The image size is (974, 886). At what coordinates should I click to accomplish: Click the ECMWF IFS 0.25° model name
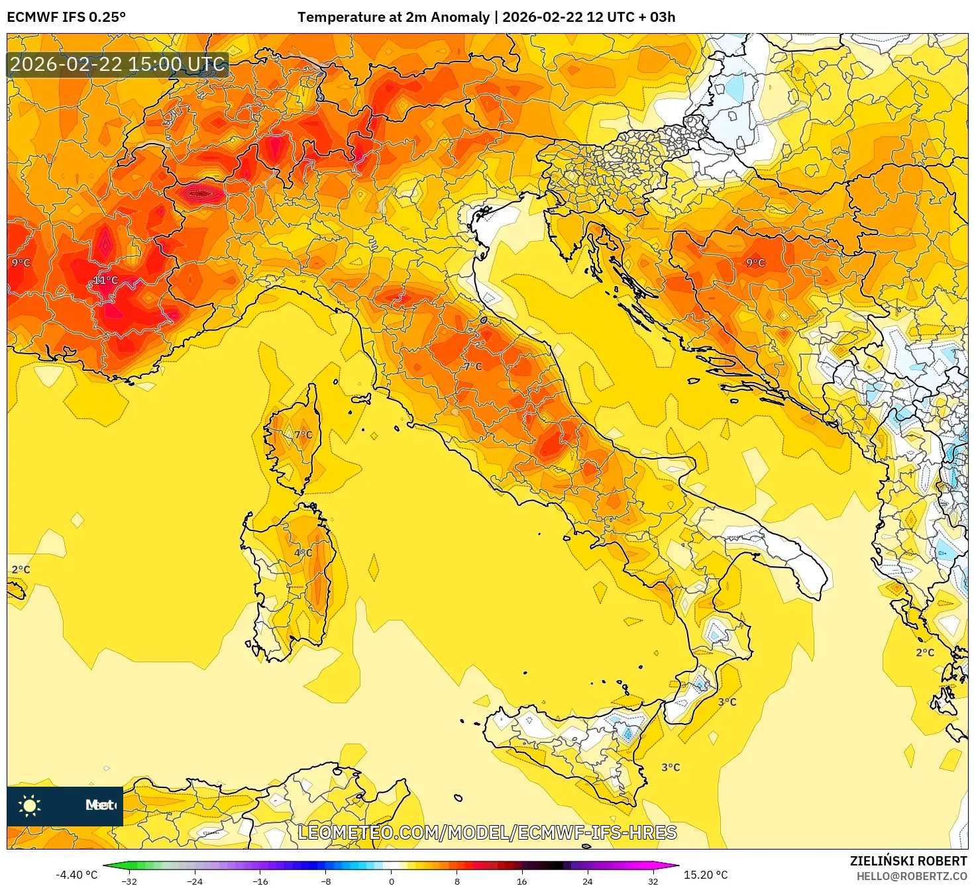coord(66,17)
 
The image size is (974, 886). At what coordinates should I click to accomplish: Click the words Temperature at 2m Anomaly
coord(394,17)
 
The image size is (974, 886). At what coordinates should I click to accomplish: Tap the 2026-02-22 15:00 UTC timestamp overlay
coord(117,64)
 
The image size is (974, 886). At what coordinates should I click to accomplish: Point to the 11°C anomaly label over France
coord(105,280)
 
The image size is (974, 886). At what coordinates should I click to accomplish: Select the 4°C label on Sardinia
coord(303,553)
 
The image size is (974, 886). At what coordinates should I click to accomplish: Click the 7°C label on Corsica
coord(303,435)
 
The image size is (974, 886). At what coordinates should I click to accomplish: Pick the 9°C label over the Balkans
coord(755,263)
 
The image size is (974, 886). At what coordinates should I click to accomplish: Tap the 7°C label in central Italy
coord(473,366)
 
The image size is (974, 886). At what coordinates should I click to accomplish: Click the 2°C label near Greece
coord(925,652)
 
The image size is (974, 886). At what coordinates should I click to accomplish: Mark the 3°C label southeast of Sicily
coord(671,767)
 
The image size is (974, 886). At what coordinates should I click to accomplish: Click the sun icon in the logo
coord(30,805)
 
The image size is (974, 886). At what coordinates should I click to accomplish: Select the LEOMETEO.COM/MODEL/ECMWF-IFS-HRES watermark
coord(487,832)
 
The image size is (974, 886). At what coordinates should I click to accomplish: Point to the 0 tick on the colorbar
coord(392,881)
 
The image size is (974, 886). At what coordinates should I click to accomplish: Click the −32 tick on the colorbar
coord(130,881)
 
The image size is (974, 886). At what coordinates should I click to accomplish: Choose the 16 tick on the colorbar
coord(522,881)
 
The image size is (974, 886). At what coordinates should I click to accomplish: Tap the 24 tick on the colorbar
coord(587,881)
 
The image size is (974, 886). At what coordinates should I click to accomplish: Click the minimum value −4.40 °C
coord(76,875)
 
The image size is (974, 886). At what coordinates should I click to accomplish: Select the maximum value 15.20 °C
coord(706,875)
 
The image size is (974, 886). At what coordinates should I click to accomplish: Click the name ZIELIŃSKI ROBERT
coord(908,861)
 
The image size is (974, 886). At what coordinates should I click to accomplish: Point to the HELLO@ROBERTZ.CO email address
coord(912,876)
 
